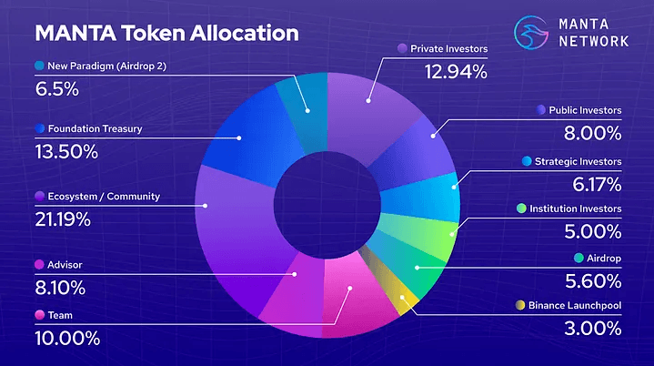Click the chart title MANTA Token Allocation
[x=166, y=34]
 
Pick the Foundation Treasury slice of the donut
[x=238, y=137]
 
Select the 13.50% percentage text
[x=66, y=151]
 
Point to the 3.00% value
[x=590, y=327]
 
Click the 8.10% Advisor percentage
[x=60, y=288]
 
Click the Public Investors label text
[x=585, y=110]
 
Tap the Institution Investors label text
[x=576, y=208]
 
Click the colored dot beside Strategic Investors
[x=527, y=161]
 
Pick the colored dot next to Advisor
[x=39, y=265]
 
